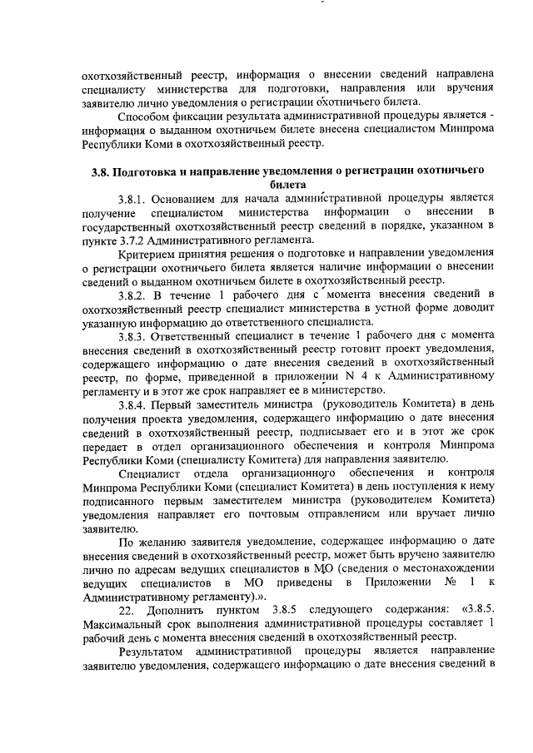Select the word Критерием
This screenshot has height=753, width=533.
click(150, 253)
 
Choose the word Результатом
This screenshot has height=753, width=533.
click(153, 651)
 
